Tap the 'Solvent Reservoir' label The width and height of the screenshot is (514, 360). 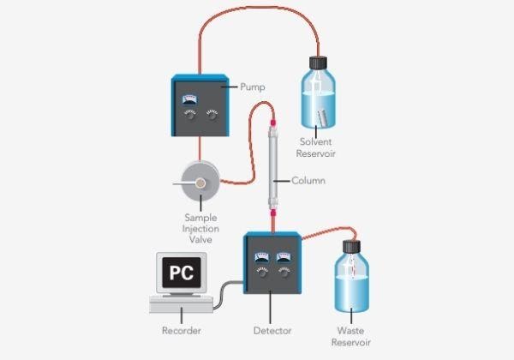click(320, 147)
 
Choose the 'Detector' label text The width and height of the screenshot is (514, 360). click(272, 330)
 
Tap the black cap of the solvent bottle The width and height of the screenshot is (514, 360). click(319, 63)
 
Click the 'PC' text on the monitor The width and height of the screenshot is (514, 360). click(180, 273)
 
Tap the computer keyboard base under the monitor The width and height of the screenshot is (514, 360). click(181, 304)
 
